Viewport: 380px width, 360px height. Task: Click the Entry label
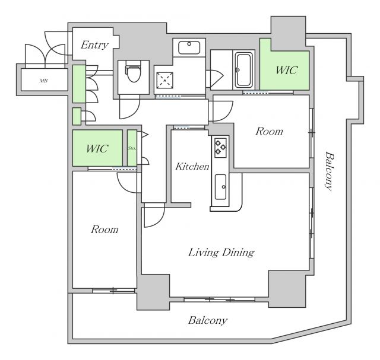click(94, 45)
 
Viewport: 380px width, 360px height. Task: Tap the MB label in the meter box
click(43, 81)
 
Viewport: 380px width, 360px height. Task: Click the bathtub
click(244, 70)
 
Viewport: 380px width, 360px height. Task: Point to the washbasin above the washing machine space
click(189, 47)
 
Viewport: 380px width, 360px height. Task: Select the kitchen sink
click(221, 187)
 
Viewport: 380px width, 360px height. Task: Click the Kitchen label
click(192, 166)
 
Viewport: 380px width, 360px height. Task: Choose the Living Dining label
click(221, 253)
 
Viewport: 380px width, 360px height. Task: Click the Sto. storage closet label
click(132, 148)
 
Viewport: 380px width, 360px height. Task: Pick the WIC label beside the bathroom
click(286, 70)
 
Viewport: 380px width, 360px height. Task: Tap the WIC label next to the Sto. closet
click(97, 148)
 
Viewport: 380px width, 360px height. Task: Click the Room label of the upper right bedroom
click(269, 132)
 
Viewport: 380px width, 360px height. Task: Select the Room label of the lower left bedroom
click(104, 230)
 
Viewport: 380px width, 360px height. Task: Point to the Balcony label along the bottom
click(208, 320)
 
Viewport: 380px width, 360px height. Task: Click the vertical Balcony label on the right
click(328, 171)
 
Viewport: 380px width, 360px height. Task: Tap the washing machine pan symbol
click(165, 80)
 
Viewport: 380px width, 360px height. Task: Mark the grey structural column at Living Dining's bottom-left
click(153, 292)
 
